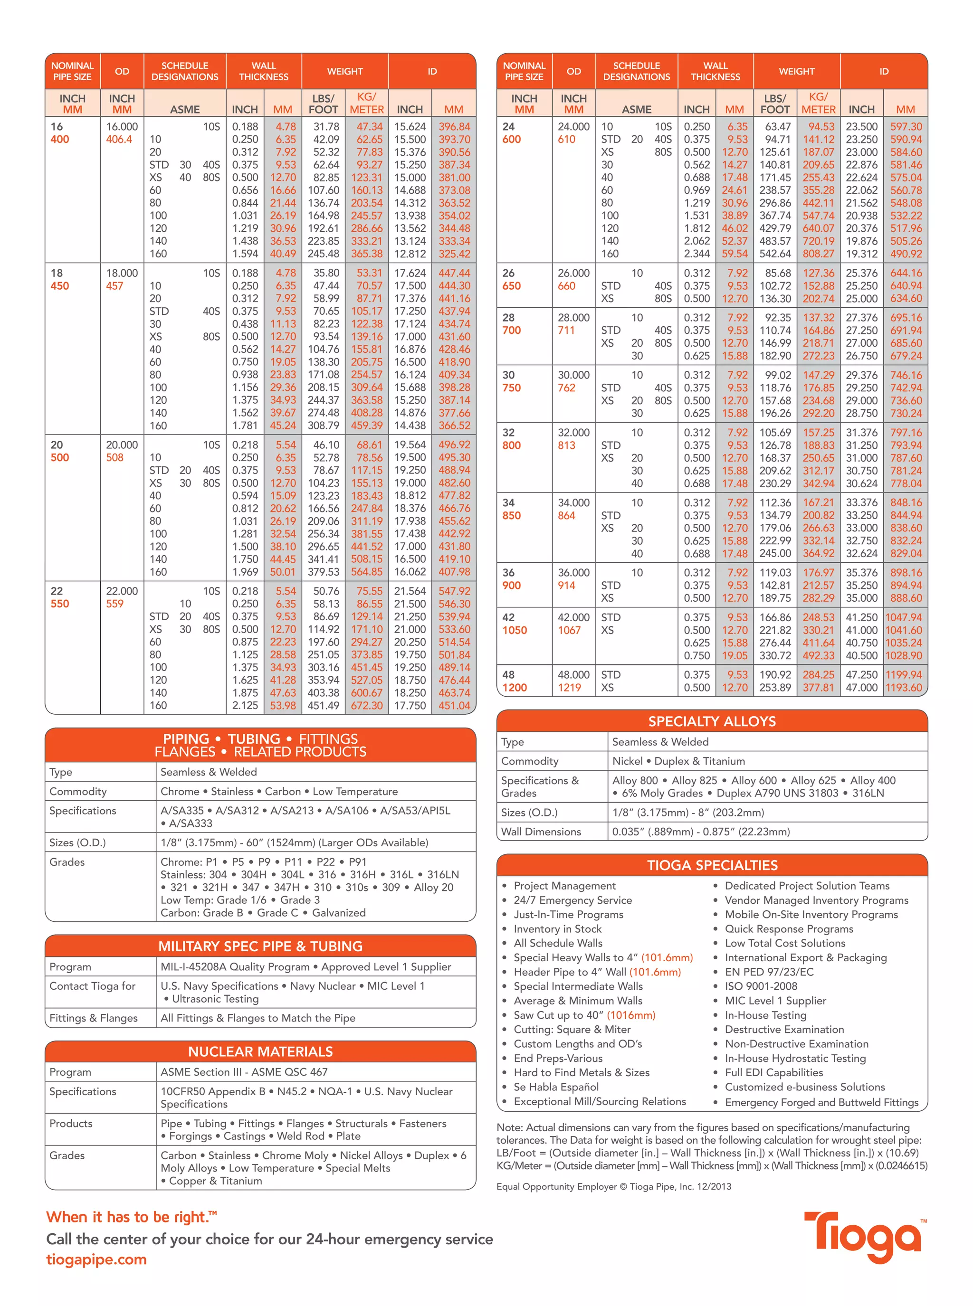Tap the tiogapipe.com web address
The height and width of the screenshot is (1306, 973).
[x=96, y=1259]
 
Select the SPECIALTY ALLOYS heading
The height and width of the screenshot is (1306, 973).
[x=712, y=721]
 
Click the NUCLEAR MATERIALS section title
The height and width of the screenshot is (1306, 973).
[x=260, y=1051]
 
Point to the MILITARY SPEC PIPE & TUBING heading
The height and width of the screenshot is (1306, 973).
[x=260, y=946]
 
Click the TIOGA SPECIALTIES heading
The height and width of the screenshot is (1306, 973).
[x=712, y=865]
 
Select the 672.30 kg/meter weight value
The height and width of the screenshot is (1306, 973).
[x=366, y=705]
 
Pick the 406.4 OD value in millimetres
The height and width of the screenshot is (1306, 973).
[x=119, y=140]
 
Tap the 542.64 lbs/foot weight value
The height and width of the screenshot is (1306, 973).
[x=774, y=254]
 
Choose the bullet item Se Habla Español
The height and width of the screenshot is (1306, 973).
[x=555, y=1087]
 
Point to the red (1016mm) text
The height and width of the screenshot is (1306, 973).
[x=631, y=1015]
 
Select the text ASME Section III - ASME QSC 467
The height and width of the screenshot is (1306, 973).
[x=244, y=1072]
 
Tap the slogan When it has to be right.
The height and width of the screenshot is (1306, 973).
[x=131, y=1217]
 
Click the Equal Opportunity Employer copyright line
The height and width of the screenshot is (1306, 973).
[x=613, y=1186]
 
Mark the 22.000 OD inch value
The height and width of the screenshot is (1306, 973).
[x=122, y=591]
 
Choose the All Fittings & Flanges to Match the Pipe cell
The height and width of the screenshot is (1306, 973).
[x=258, y=1018]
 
